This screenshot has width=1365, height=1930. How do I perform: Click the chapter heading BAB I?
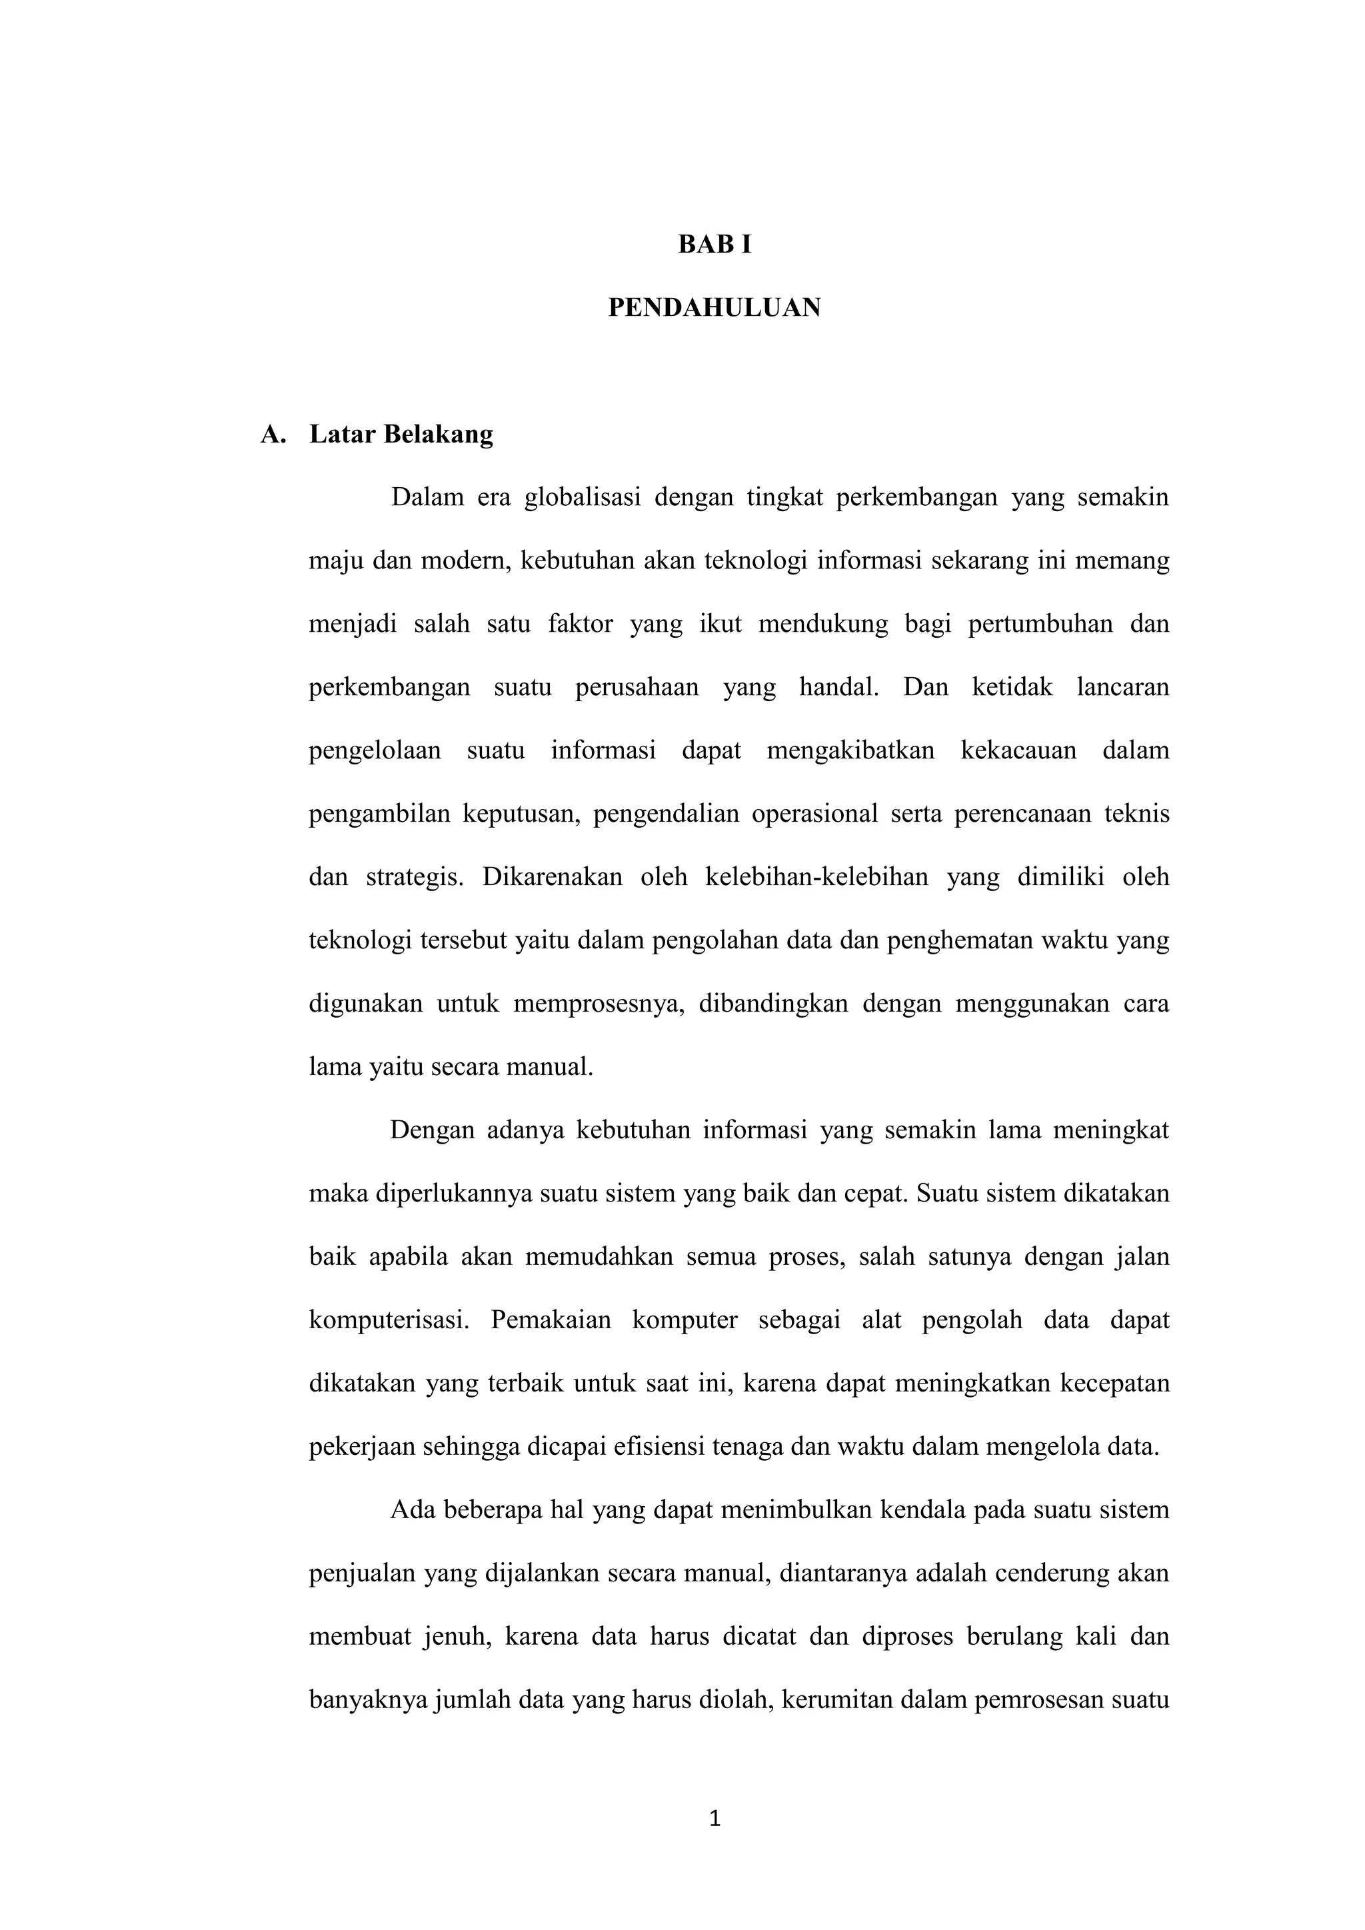(x=714, y=245)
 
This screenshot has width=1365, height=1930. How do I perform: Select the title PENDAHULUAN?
(x=714, y=309)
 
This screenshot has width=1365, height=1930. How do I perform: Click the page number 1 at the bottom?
(x=715, y=1820)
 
